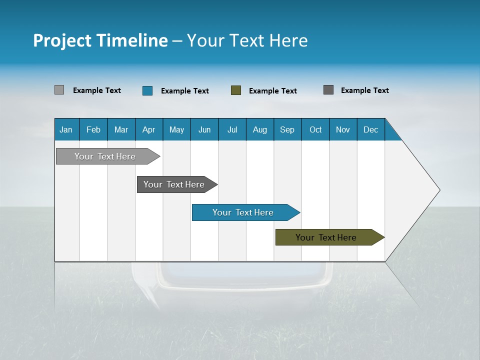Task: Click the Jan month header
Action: point(66,130)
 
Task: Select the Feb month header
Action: point(93,130)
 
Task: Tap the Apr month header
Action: point(148,130)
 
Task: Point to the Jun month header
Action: point(204,130)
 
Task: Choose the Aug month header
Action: point(259,130)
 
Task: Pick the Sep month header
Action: point(287,130)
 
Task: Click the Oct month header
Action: point(315,130)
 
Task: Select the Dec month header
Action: point(370,130)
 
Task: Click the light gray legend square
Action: point(59,90)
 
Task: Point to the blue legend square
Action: point(147,90)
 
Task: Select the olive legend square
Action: point(235,90)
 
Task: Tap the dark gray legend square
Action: point(328,90)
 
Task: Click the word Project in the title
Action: point(62,41)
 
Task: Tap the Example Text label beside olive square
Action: point(272,91)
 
